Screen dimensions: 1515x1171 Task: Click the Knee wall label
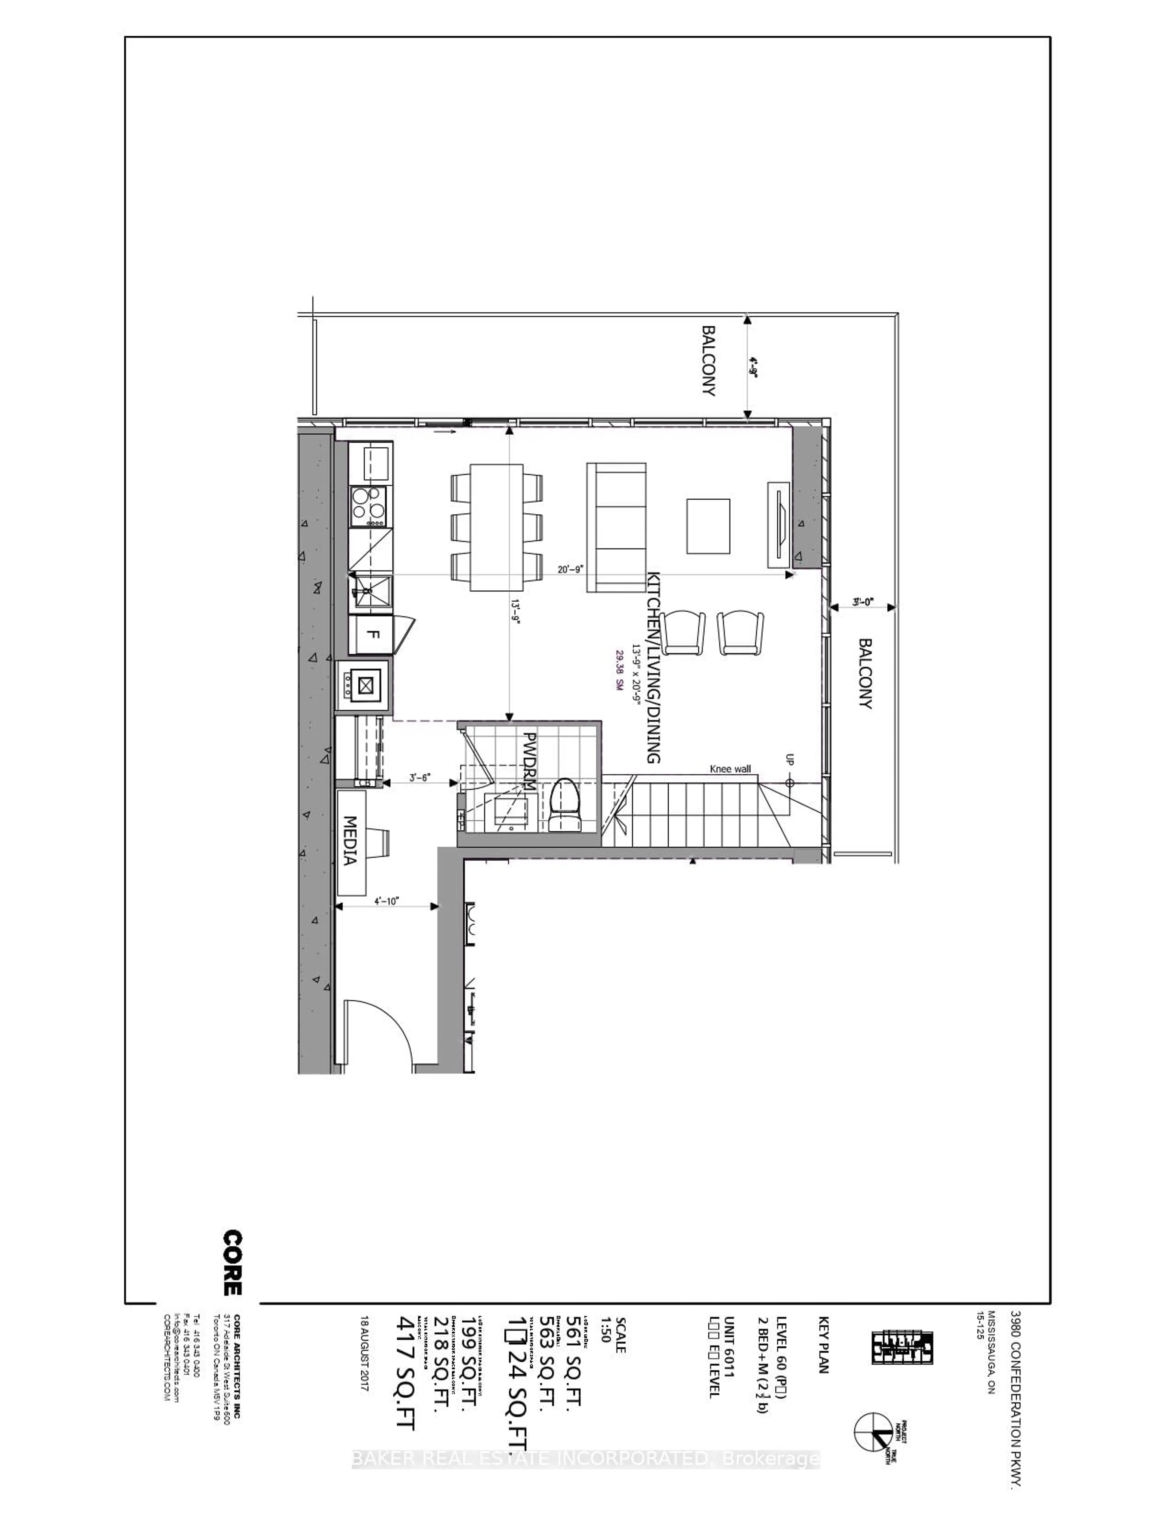click(730, 769)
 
